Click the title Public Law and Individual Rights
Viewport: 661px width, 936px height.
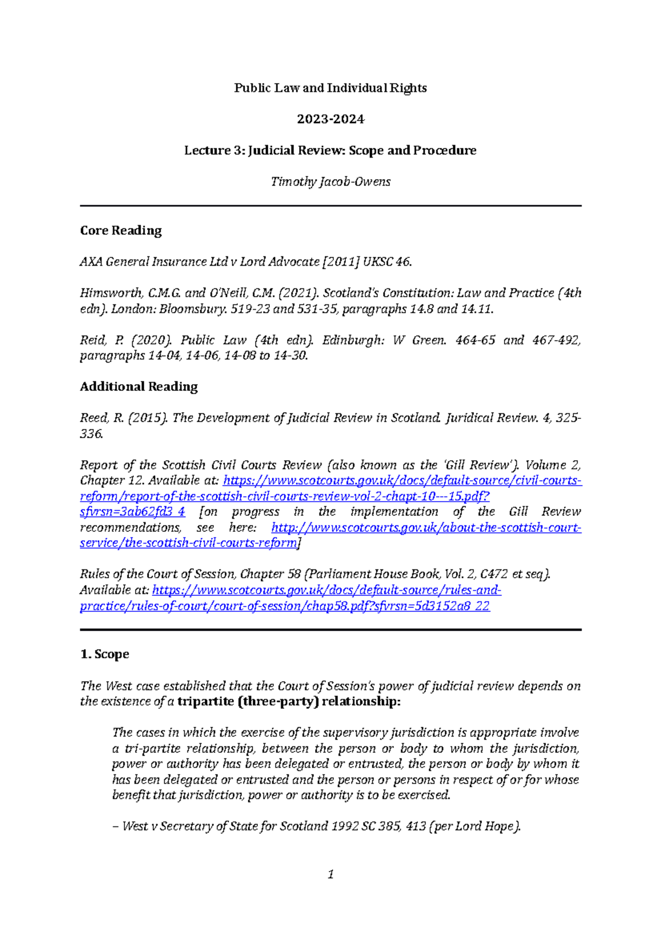[330, 88]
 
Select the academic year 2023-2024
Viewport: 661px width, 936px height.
[330, 119]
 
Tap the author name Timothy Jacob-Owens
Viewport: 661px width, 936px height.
[330, 182]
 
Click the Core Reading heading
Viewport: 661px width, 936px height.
[121, 230]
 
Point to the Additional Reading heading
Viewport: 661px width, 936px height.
[138, 386]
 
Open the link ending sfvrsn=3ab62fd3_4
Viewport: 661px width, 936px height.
[132, 512]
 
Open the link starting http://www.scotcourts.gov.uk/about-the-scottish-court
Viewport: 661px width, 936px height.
[426, 528]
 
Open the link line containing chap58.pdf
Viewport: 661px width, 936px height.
[284, 606]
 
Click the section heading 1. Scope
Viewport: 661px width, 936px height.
[105, 654]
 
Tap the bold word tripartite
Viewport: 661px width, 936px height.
[205, 702]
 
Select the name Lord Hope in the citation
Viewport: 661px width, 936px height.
[486, 826]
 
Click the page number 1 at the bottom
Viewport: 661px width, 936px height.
[330, 874]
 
